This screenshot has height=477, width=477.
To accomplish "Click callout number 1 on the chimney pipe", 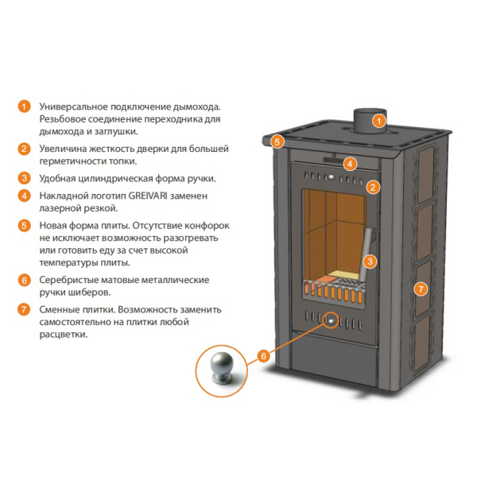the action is coord(379,122).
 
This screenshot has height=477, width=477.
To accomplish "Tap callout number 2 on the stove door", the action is coord(374,187).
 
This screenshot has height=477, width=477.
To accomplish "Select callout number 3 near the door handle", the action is coord(370,262).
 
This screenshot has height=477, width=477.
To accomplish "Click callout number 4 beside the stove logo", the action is coord(350,164).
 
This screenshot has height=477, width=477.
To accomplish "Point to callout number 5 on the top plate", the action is coord(277,142).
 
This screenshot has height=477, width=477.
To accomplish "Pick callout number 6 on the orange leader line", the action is coord(264,356).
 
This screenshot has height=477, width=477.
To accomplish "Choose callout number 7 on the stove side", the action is coord(421,289).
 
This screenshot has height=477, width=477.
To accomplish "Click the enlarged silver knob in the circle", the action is coord(222,367).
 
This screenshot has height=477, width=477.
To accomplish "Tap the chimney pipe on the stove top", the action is coord(370,121).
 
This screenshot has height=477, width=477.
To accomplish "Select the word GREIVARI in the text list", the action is coord(148,196).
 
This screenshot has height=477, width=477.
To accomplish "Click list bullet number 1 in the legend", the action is coord(24,107).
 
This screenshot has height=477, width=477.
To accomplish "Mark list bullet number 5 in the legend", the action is coord(24,226).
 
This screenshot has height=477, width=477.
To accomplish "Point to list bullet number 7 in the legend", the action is coord(24,310).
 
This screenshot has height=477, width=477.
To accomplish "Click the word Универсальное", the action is coord(74,107).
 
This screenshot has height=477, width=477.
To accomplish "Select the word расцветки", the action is coord(64,335).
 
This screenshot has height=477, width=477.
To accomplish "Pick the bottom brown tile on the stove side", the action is coord(422,343).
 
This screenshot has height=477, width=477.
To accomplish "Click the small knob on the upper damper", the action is coord(331,176).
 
